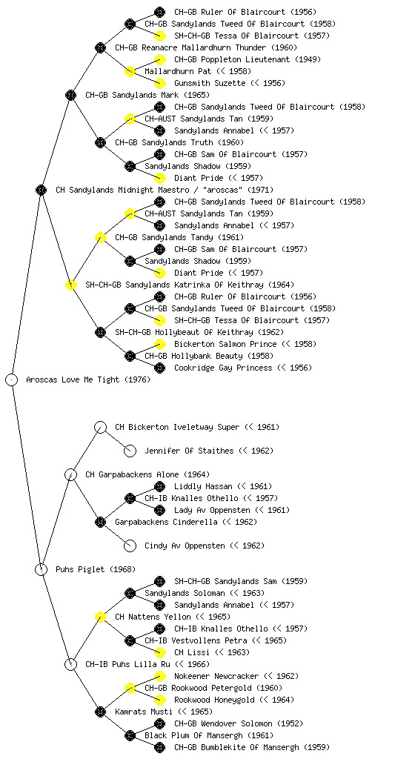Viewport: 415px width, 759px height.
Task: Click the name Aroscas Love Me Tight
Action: click(73, 379)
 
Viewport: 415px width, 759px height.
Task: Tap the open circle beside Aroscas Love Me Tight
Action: click(12, 379)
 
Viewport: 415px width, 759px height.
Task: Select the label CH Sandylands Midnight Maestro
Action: click(122, 190)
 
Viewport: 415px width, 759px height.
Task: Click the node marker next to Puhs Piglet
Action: click(41, 569)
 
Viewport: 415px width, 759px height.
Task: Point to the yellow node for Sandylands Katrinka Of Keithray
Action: click(70, 285)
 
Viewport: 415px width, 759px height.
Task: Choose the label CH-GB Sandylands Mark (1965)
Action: click(147, 95)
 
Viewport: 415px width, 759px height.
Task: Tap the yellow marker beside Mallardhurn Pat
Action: click(130, 71)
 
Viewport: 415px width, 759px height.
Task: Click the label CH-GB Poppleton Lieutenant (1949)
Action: click(248, 59)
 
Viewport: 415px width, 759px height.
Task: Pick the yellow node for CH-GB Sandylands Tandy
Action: click(100, 237)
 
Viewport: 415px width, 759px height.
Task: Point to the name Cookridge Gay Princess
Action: click(224, 368)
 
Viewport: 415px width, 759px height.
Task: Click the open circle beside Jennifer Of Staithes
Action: click(130, 451)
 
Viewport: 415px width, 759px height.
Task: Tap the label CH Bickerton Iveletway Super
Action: click(177, 427)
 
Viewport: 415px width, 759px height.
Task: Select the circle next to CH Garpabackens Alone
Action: click(70, 474)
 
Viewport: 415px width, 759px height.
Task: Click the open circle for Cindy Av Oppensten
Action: click(130, 546)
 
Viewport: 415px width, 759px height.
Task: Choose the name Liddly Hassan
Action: click(203, 486)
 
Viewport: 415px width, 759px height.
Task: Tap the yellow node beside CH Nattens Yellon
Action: click(100, 617)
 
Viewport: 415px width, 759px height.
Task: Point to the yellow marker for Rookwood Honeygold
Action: click(159, 700)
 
